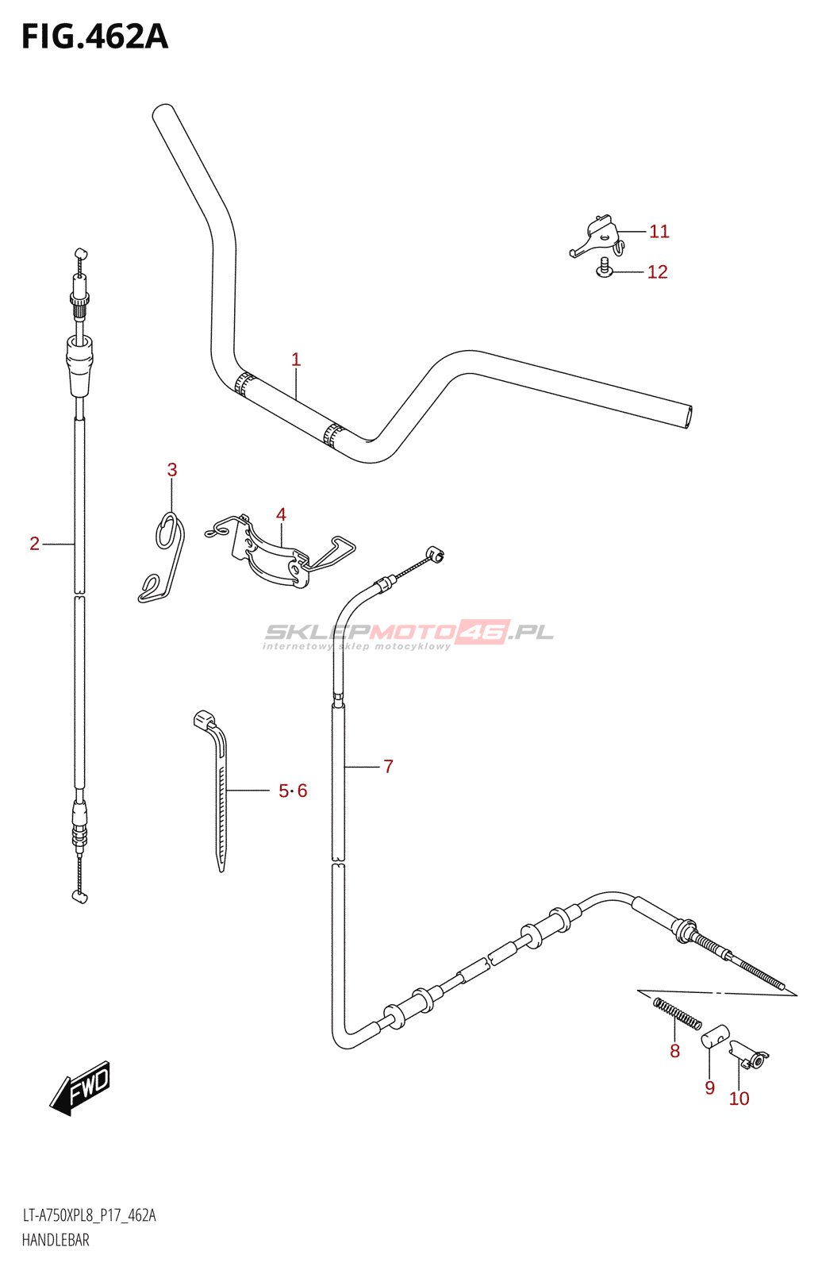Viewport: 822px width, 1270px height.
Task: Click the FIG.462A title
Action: coord(94,37)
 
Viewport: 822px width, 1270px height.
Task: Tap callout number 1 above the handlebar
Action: coord(296,360)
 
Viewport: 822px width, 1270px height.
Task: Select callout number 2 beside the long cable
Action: coord(34,544)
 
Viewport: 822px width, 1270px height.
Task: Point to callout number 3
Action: coord(172,470)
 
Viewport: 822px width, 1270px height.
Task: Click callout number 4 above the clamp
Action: coord(281,514)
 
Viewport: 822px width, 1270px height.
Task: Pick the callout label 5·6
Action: coord(293,791)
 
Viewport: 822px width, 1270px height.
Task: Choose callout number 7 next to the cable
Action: coord(388,766)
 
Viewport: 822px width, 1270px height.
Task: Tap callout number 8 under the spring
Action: coord(674,1052)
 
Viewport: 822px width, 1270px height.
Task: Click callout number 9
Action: coord(709,1088)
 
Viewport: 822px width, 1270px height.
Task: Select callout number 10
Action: coord(739,1099)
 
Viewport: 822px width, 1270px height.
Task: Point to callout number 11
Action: coord(659,232)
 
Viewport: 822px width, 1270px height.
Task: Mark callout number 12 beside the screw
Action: coord(657,272)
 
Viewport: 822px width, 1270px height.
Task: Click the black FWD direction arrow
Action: coord(81,1087)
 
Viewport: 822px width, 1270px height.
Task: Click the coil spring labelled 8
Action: coord(677,1014)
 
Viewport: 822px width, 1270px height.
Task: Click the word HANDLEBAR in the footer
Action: coord(56,1240)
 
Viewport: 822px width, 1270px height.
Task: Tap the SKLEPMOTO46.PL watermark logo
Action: coord(408,633)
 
